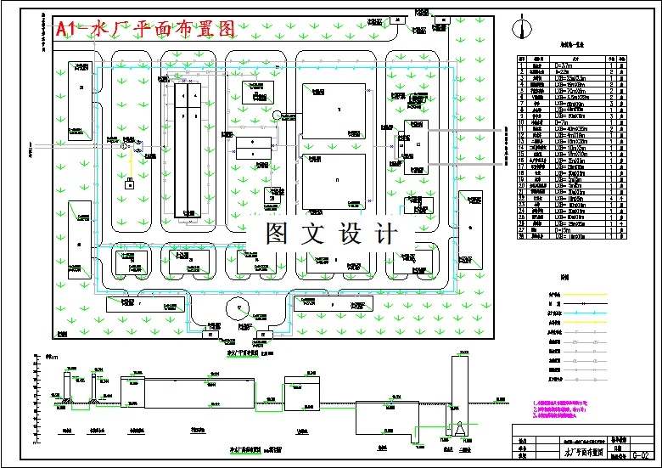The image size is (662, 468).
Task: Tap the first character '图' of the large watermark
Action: tap(276, 234)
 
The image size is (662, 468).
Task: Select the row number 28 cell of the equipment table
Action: tap(523, 235)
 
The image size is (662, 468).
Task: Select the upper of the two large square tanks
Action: tap(334, 110)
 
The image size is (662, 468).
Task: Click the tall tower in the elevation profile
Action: tap(459, 391)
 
